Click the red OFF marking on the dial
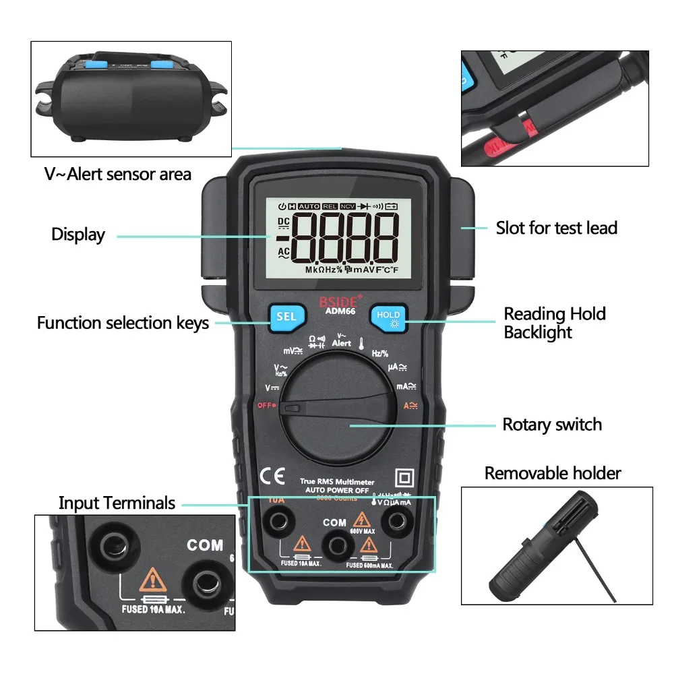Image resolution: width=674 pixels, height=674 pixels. pos(267,406)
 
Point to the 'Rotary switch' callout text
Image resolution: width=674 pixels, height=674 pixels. pos(552,425)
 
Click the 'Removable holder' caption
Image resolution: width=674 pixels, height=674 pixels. pos(553,473)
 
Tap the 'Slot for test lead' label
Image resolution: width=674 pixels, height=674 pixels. pos(557,228)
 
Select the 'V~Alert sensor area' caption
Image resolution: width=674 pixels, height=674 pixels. pos(118,174)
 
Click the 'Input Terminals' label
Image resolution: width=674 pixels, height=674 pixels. pos(117,503)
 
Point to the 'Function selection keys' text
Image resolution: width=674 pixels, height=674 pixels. pos(123,323)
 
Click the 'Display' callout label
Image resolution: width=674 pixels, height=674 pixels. pos(78,235)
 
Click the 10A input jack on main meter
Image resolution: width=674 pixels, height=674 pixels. pos(276,520)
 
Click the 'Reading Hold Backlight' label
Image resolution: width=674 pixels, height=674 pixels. pos(554,323)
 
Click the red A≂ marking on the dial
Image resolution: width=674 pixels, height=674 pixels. pos(410,406)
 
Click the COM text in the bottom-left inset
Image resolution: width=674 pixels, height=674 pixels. pos(205,545)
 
